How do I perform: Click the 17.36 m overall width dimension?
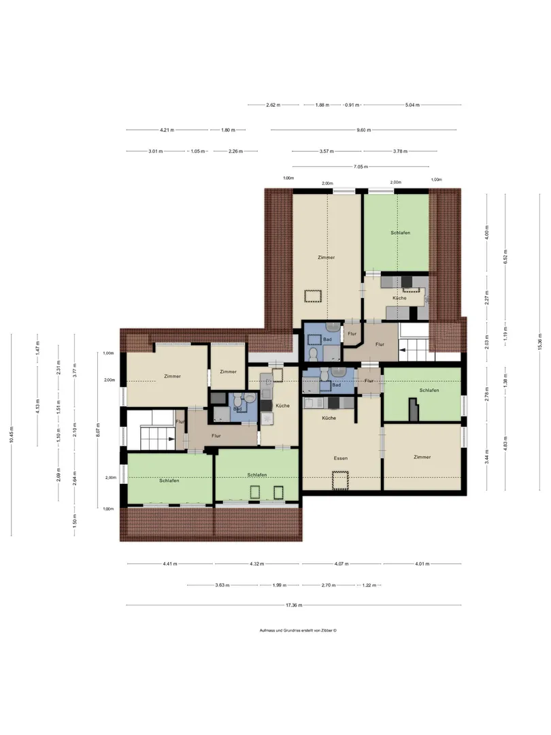coord(294,605)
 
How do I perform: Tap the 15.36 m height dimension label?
coord(539,341)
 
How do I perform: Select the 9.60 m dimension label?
coord(363,130)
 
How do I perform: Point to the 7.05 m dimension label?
coord(361,167)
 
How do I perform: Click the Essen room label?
coord(341,458)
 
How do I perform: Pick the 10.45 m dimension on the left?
coord(12,434)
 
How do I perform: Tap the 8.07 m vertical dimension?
coord(98,431)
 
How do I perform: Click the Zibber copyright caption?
coord(298,630)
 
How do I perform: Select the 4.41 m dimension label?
coord(170,564)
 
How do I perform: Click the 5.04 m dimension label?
coord(412,105)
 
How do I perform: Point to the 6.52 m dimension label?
coord(505,257)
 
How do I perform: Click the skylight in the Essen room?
coord(340,481)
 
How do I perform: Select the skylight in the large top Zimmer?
coord(312,297)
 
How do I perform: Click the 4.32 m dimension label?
coord(256,564)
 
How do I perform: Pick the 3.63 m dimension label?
coord(222,585)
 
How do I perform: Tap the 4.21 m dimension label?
coord(167,130)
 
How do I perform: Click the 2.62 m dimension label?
coord(273,105)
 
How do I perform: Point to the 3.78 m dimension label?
coord(400,151)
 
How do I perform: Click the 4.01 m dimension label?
coord(422,564)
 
